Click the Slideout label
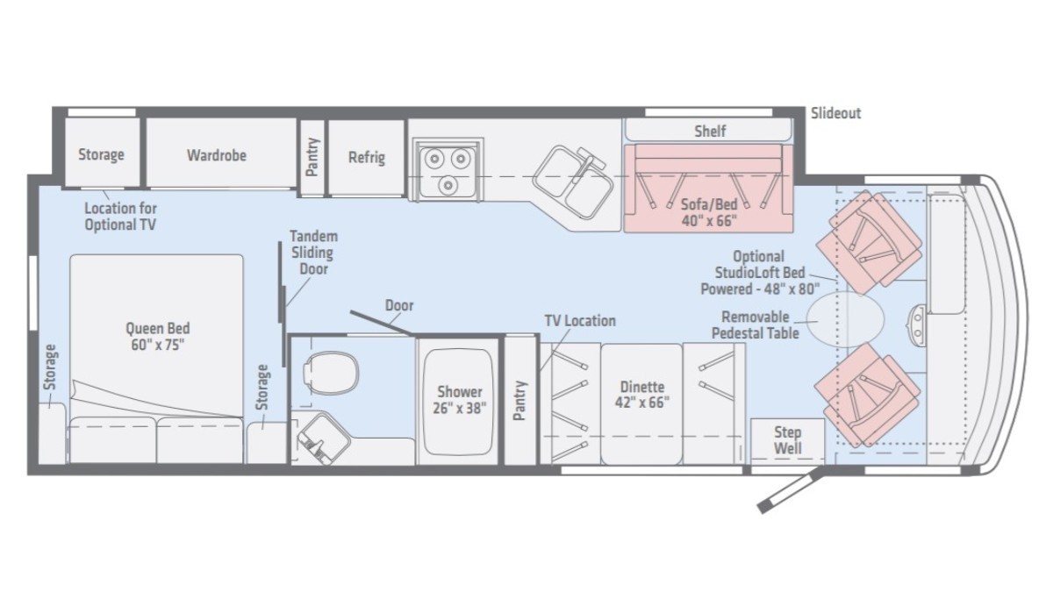(x=835, y=113)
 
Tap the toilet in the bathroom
(x=331, y=373)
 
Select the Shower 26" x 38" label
(x=459, y=400)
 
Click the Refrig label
(x=367, y=157)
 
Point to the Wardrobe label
(x=217, y=155)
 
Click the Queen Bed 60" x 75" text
(x=157, y=337)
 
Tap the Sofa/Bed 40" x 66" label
(x=709, y=212)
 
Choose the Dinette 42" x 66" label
(x=642, y=395)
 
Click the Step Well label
(x=788, y=440)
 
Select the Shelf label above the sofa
(x=710, y=131)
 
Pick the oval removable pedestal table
(x=845, y=319)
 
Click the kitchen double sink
(x=572, y=182)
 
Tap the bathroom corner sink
(x=324, y=438)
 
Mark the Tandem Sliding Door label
(x=313, y=253)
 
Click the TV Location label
(x=580, y=321)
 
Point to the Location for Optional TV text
(x=120, y=216)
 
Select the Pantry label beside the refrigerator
(x=312, y=157)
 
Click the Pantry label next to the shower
(x=519, y=400)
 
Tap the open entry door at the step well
(x=790, y=489)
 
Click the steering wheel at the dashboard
(x=917, y=324)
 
